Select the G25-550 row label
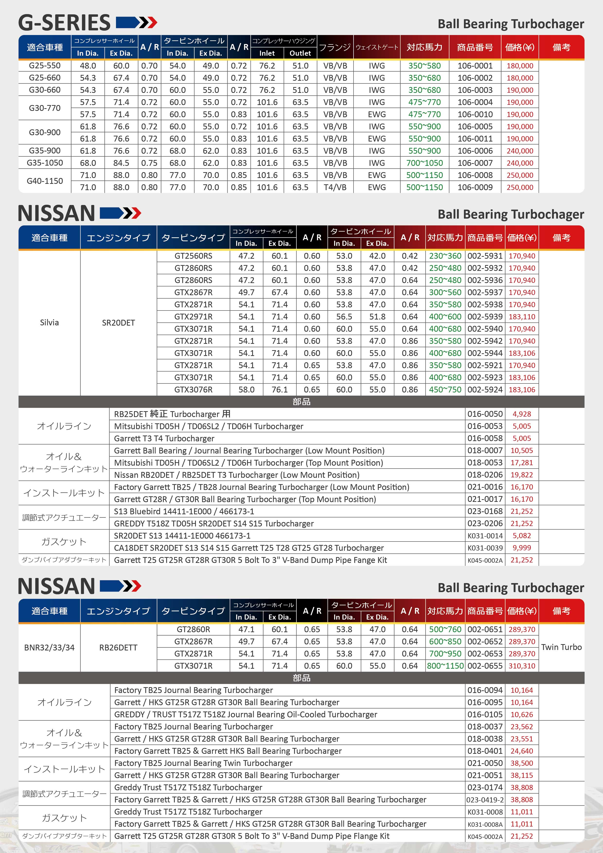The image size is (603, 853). tap(44, 66)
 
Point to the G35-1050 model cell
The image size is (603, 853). tap(44, 163)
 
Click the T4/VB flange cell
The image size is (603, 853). tap(335, 187)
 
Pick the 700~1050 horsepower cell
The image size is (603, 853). tap(424, 163)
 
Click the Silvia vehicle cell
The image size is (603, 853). tap(49, 322)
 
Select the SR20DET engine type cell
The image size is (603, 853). tap(118, 322)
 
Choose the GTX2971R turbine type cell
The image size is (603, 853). tap(193, 317)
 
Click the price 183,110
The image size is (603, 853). tap(522, 317)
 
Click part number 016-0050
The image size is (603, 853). tap(485, 414)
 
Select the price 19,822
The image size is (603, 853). tap(522, 475)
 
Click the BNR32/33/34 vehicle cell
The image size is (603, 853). tap(49, 648)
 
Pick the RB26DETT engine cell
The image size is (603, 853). tap(118, 648)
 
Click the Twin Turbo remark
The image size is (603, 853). tap(561, 647)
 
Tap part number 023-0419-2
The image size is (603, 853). tap(485, 800)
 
